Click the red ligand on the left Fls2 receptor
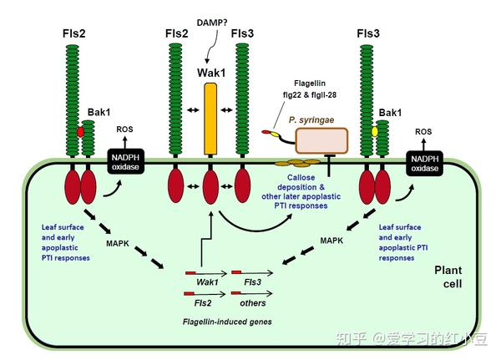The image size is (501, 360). coord(81,132)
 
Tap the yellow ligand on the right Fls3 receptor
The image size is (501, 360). coord(377,132)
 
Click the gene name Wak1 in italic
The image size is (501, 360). coord(207,282)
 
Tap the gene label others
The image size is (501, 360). coord(252,305)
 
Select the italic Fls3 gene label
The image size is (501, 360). coord(252,282)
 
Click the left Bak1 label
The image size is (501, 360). coord(100,111)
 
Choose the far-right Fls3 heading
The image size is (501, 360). coord(367,33)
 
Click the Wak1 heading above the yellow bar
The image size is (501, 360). coord(210,73)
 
